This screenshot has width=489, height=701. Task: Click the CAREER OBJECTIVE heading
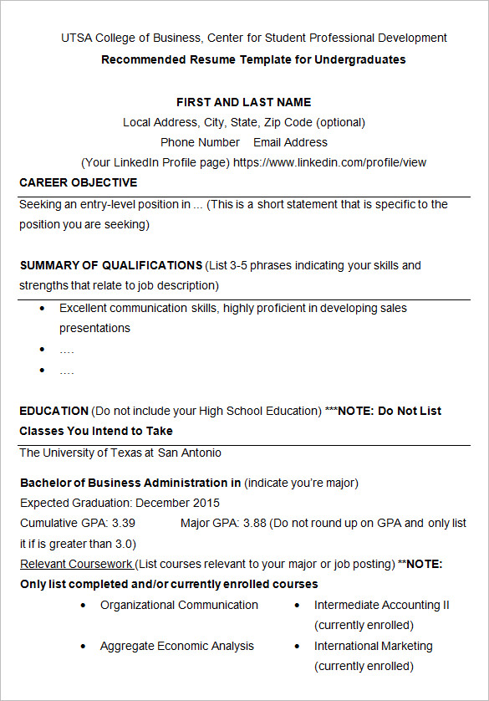[78, 182]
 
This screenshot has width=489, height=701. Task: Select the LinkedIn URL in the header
[329, 162]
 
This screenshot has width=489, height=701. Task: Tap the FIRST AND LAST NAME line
[243, 102]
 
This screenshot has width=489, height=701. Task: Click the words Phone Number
[200, 142]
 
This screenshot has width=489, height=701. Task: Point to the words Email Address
[290, 142]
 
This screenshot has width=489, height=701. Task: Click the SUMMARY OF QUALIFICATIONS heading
[110, 265]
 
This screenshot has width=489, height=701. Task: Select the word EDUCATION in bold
[53, 411]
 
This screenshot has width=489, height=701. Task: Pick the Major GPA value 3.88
[254, 523]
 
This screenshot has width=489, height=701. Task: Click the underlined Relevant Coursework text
[76, 564]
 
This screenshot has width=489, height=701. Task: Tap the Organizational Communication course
[179, 605]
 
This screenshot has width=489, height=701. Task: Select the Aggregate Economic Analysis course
[176, 646]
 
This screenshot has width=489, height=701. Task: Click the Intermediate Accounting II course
[381, 605]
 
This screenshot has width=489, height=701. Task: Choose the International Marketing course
[373, 646]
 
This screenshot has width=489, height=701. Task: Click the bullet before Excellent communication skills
[43, 309]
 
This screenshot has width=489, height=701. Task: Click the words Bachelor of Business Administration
[124, 483]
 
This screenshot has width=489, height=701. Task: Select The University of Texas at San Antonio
[120, 453]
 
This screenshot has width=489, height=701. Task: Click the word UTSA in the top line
[75, 38]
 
